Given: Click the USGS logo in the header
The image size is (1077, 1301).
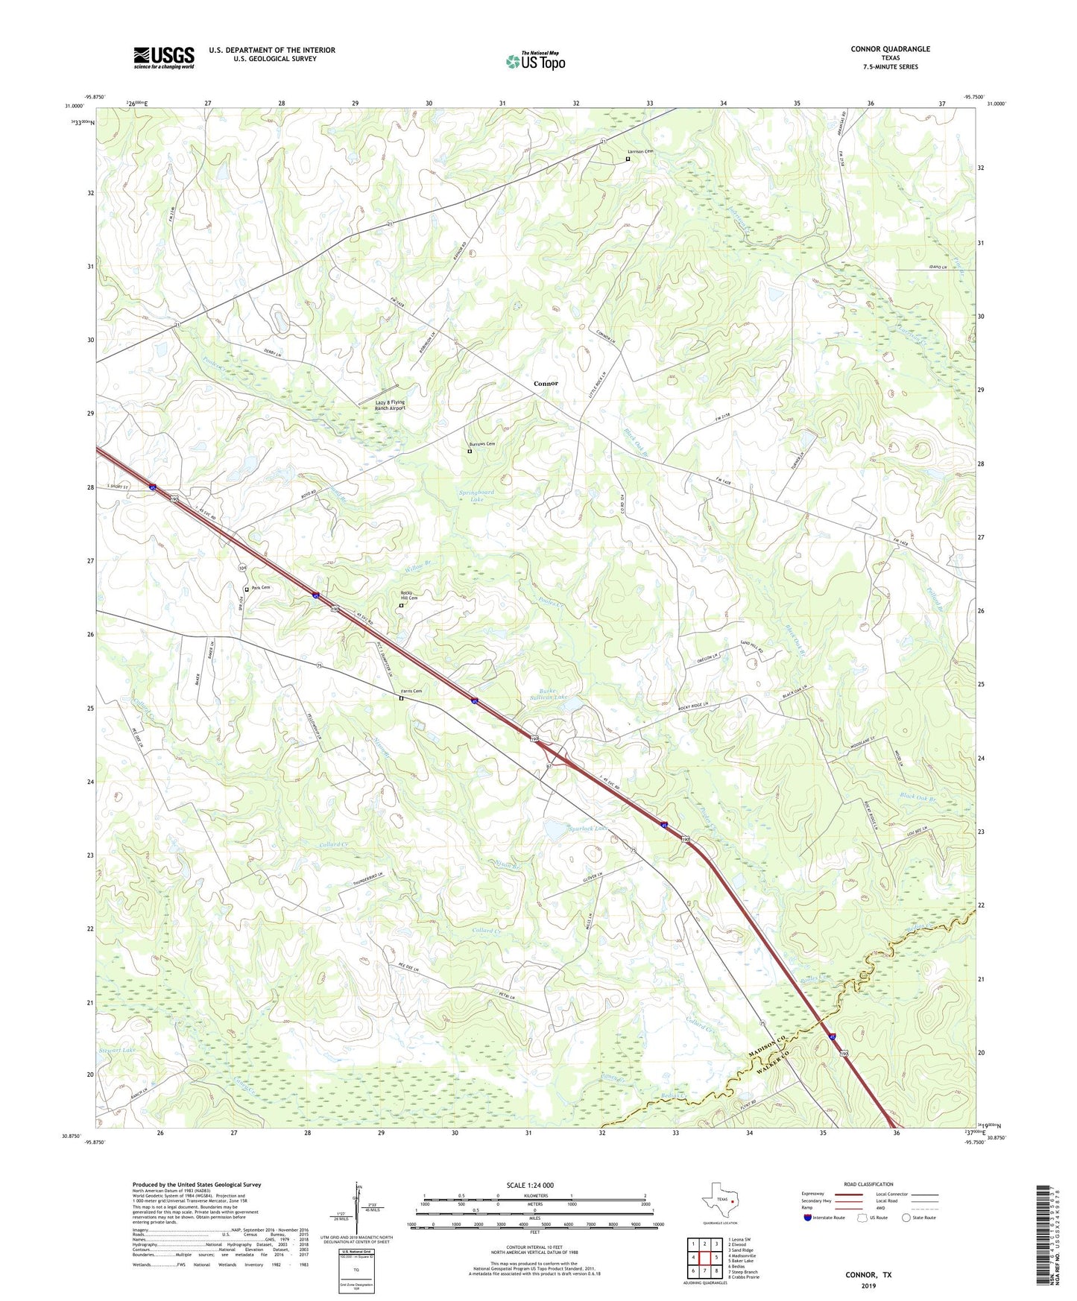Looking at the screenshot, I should (164, 57).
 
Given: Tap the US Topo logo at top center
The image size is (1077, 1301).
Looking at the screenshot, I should (534, 61).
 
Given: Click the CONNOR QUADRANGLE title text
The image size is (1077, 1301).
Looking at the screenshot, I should (890, 49).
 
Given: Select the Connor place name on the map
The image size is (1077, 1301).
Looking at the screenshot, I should (546, 383).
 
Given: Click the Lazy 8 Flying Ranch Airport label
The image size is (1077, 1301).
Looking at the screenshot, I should (390, 405).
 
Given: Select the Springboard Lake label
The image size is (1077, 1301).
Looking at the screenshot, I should (476, 496).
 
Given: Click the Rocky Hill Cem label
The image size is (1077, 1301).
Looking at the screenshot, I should (409, 595).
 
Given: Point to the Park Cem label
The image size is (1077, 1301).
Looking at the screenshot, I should (260, 588).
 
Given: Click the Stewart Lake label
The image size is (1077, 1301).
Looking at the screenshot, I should (117, 1050).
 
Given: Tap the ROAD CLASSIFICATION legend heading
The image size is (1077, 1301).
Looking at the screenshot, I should (868, 1184).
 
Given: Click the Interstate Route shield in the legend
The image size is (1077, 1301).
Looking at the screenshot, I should (808, 1218).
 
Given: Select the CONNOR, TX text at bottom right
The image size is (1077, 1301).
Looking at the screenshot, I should (868, 1275).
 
